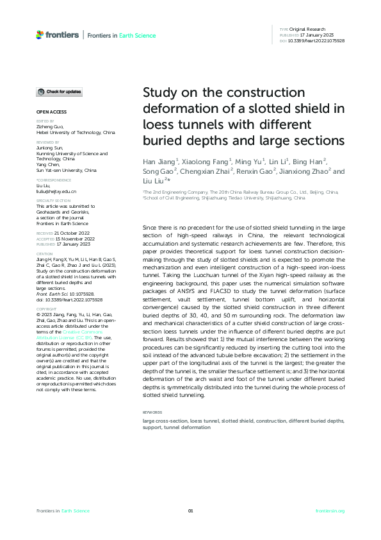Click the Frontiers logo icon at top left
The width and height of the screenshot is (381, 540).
coord(40,35)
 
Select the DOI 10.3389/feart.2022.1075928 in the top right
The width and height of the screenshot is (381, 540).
coord(318,40)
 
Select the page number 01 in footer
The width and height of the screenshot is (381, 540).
coord(190,510)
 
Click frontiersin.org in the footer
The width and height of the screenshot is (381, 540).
coord(330,510)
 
